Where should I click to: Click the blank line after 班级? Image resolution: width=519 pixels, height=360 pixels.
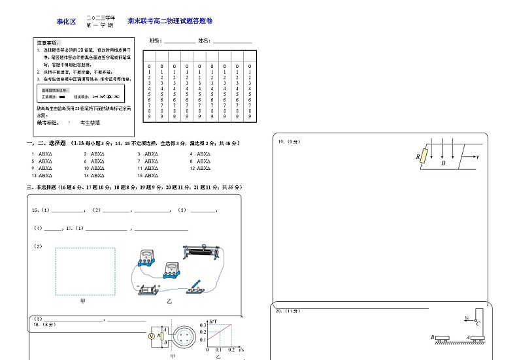pyautogui.click(x=179, y=42)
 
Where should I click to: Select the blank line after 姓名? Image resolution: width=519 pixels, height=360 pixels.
pyautogui.click(x=232, y=42)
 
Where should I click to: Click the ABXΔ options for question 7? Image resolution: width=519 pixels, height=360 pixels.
pyautogui.click(x=152, y=161)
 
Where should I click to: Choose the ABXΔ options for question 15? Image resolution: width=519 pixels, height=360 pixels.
pyautogui.click(x=152, y=175)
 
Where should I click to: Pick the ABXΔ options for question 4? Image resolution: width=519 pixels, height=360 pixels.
pyautogui.click(x=203, y=154)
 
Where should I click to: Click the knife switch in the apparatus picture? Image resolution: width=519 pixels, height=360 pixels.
pyautogui.click(x=194, y=287)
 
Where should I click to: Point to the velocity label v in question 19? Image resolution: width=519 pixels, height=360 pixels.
pyautogui.click(x=478, y=157)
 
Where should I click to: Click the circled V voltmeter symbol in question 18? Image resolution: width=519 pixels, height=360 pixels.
pyautogui.click(x=152, y=336)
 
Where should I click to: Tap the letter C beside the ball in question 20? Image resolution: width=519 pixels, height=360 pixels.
pyautogui.click(x=478, y=323)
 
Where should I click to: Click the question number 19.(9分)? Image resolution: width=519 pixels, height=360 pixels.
pyautogui.click(x=288, y=142)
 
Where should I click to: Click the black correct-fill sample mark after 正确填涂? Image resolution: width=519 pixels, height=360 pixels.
pyautogui.click(x=62, y=96)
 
